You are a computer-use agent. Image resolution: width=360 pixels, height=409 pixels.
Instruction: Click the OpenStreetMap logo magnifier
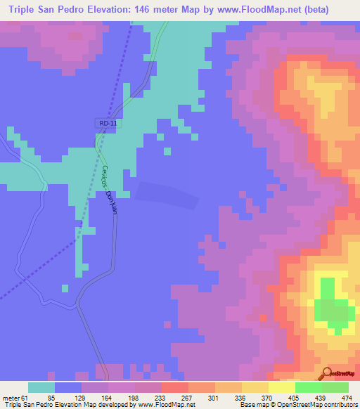coord(326,373)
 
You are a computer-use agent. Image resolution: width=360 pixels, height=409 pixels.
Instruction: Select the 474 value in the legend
coord(347,398)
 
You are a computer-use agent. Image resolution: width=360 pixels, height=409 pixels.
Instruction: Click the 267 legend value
coord(186,398)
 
